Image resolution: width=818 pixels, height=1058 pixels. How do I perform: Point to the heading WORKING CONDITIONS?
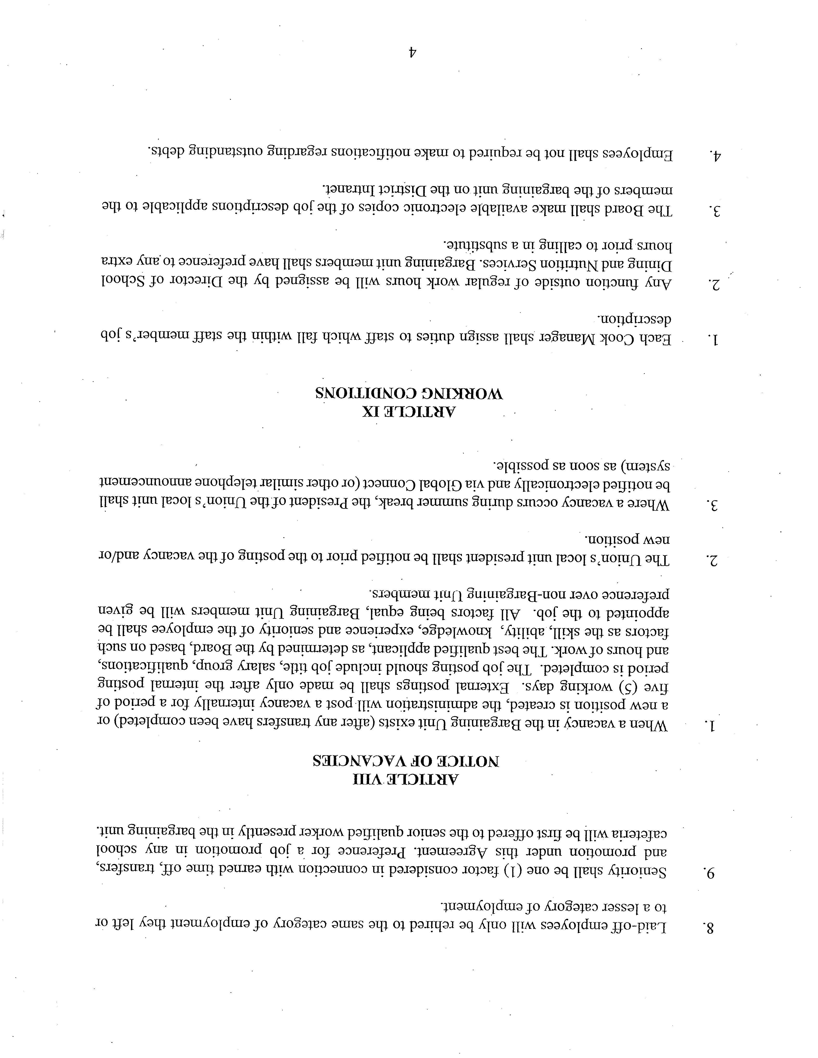click(409, 393)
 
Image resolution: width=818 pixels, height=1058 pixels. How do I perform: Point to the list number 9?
click(709, 872)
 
